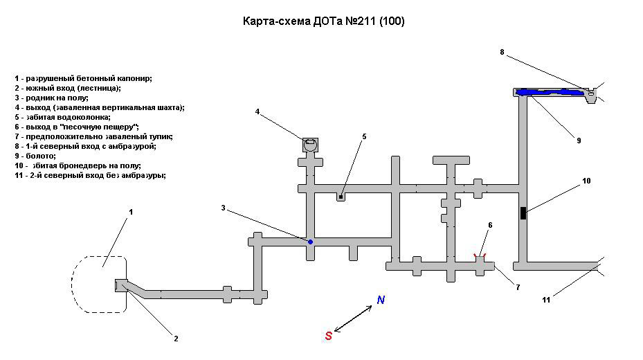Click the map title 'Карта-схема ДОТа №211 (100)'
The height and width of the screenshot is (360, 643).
tap(323, 21)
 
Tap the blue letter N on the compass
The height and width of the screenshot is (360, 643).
tap(381, 300)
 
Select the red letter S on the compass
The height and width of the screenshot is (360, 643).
tap(328, 336)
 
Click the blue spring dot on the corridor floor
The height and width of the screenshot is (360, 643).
tap(311, 242)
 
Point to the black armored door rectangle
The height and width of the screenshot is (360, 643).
tap(523, 213)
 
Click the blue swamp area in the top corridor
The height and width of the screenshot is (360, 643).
tap(550, 91)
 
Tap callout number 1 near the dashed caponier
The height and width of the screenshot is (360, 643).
tap(130, 211)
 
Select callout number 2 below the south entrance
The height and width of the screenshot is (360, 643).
tap(176, 339)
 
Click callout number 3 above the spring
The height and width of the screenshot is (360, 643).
tap(223, 208)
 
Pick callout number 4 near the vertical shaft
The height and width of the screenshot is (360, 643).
tap(257, 111)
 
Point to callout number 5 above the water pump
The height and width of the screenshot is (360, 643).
tap(364, 136)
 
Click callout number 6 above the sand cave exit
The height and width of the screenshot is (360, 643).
tap(489, 225)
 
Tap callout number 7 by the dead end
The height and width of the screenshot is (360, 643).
tap(517, 287)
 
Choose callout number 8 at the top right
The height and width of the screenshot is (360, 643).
tap(502, 52)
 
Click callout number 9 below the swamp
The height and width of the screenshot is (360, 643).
tap(579, 141)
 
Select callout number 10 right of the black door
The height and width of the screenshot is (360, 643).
tap(586, 181)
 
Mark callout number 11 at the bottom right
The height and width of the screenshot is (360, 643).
tap(546, 300)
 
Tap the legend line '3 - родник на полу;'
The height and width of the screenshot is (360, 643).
tap(51, 98)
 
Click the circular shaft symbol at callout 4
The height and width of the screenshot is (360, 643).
tap(310, 144)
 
